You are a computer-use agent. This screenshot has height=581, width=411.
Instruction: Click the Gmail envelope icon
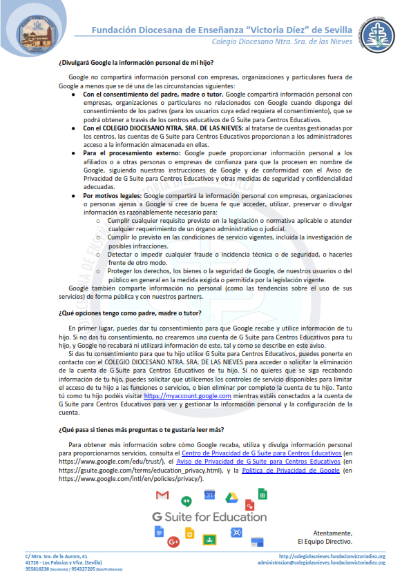162,495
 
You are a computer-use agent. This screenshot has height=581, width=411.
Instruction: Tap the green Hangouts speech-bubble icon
186,501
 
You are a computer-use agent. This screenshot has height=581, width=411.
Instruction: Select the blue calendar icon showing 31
210,495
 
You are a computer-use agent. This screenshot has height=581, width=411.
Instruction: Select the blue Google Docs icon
159,531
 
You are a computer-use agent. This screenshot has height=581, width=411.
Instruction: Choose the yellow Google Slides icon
189,533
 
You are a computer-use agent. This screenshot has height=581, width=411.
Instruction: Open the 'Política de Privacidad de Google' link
291,470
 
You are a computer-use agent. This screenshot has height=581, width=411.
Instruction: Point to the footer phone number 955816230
38,569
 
